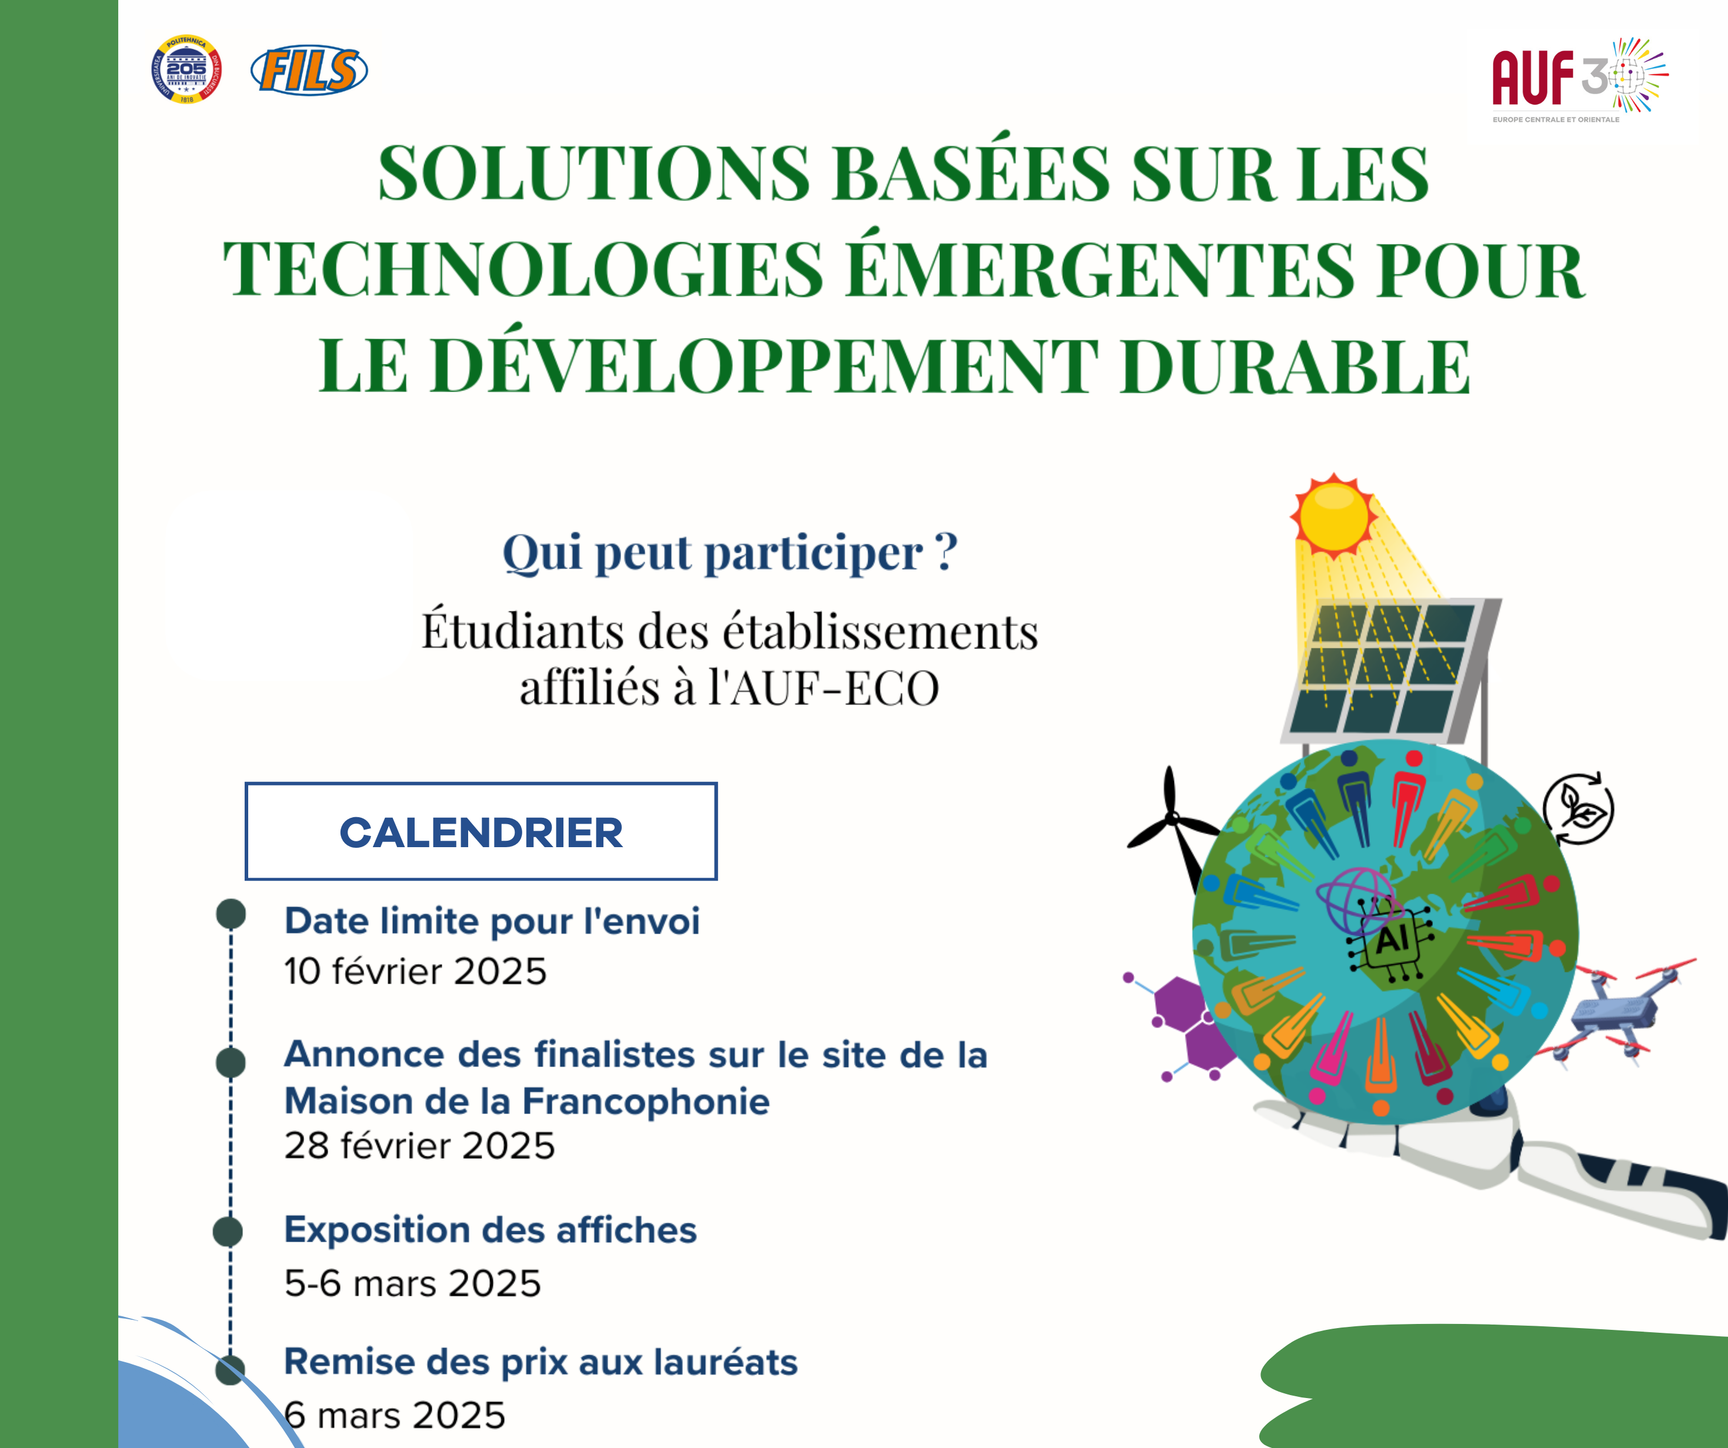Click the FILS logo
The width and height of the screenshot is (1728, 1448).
click(x=309, y=71)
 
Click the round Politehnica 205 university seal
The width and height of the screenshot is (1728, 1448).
click(x=187, y=69)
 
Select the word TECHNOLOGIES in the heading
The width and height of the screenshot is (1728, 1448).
click(x=523, y=270)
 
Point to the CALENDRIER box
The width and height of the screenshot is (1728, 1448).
click(x=481, y=832)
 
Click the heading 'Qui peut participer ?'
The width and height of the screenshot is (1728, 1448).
click(x=729, y=552)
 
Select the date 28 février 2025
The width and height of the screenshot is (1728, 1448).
click(x=420, y=1146)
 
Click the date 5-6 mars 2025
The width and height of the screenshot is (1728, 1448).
click(x=412, y=1283)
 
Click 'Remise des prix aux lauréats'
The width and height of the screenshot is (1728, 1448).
click(x=541, y=1362)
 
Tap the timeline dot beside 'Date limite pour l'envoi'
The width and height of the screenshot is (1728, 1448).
click(x=231, y=914)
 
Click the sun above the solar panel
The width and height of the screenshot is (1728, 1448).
click(x=1334, y=514)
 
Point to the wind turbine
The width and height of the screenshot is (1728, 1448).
click(x=1173, y=827)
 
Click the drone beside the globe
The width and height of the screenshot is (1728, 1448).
click(x=1613, y=1012)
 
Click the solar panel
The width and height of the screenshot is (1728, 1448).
click(x=1390, y=671)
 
